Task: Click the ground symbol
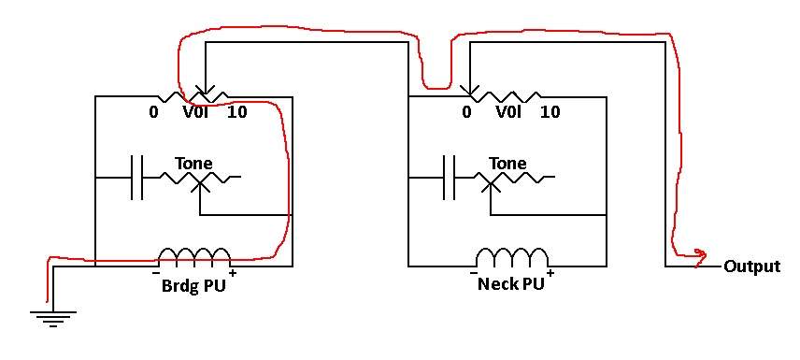click(x=52, y=318)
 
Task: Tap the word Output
click(x=752, y=266)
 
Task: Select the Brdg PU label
click(x=193, y=285)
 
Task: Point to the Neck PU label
click(x=510, y=284)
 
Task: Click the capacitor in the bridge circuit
click(x=137, y=178)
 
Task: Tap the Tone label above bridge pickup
click(x=193, y=164)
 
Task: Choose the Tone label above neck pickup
click(x=507, y=164)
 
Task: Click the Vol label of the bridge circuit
click(x=195, y=112)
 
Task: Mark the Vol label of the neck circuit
click(x=508, y=112)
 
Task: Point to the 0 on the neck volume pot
click(x=466, y=112)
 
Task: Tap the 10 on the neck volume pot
click(x=550, y=112)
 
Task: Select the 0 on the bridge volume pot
click(x=153, y=112)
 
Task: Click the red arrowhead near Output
click(x=700, y=253)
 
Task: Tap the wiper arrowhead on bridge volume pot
click(x=205, y=91)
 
